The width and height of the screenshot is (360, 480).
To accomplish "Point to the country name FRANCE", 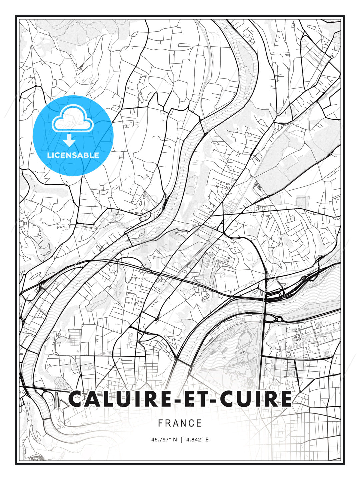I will (x=180, y=423).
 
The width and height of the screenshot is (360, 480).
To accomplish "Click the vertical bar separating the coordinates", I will (x=182, y=440).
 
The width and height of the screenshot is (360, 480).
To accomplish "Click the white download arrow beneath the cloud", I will (x=70, y=141).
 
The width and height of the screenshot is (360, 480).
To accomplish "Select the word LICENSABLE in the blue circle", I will (x=73, y=155).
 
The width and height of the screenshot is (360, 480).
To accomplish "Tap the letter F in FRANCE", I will (x=160, y=423).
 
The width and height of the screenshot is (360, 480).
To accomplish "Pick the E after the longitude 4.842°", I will (x=207, y=440).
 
